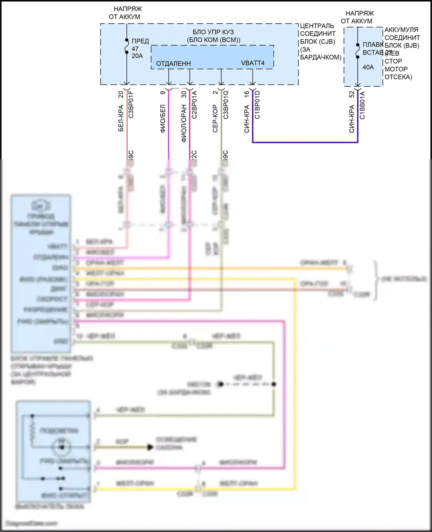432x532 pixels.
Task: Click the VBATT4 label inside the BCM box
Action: [x=253, y=63]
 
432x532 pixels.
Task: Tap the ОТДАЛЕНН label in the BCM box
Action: [x=173, y=64]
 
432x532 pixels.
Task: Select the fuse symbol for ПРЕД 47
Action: [x=127, y=46]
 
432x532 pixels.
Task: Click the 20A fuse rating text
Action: [x=137, y=56]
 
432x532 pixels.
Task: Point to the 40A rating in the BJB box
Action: [x=368, y=67]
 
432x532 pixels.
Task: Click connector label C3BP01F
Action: [x=131, y=104]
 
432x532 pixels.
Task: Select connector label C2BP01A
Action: [x=194, y=104]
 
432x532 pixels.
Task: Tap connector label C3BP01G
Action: [x=226, y=104]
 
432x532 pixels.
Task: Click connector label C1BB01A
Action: [x=362, y=105]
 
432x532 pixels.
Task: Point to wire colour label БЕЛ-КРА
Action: [x=121, y=118]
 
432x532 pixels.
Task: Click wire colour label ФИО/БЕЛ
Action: [x=163, y=118]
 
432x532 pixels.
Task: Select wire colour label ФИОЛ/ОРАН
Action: [x=184, y=123]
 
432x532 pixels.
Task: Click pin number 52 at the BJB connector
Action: [x=352, y=94]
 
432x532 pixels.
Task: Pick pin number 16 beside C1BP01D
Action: [x=247, y=94]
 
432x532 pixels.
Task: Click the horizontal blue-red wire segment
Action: [x=305, y=142]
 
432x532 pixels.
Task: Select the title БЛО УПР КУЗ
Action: [x=213, y=32]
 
